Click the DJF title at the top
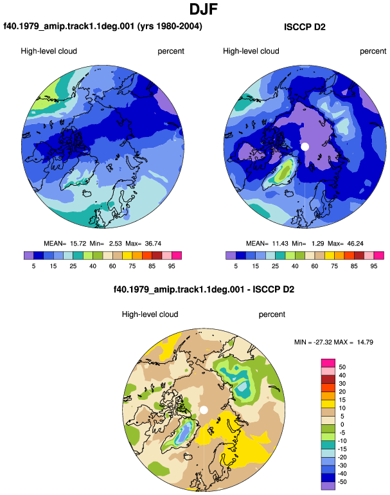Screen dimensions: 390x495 [x=204, y=9]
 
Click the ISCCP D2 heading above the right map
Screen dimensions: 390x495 [x=305, y=27]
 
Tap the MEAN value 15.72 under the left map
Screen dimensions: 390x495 [x=78, y=244]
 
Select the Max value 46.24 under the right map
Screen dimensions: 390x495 [x=355, y=244]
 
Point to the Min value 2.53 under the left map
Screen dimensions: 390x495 [x=116, y=244]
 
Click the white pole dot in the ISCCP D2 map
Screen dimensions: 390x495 [x=305, y=147]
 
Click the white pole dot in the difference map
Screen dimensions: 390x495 [x=204, y=410]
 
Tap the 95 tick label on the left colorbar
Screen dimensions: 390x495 [x=172, y=266]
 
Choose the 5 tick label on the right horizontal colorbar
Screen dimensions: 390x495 [x=236, y=266]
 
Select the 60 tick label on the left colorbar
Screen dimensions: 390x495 [x=112, y=266]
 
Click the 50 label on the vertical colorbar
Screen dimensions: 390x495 [x=342, y=367]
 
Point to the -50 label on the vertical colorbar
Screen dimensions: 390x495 [x=341, y=482]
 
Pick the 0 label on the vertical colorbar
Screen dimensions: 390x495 [x=342, y=424]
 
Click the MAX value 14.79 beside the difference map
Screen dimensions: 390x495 [x=365, y=342]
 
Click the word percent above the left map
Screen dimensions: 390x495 [x=171, y=51]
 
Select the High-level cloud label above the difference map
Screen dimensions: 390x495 [x=150, y=314]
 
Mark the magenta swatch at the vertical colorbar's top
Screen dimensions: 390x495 [x=328, y=363]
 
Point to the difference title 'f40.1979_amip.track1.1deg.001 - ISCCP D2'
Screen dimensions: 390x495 [x=204, y=289]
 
